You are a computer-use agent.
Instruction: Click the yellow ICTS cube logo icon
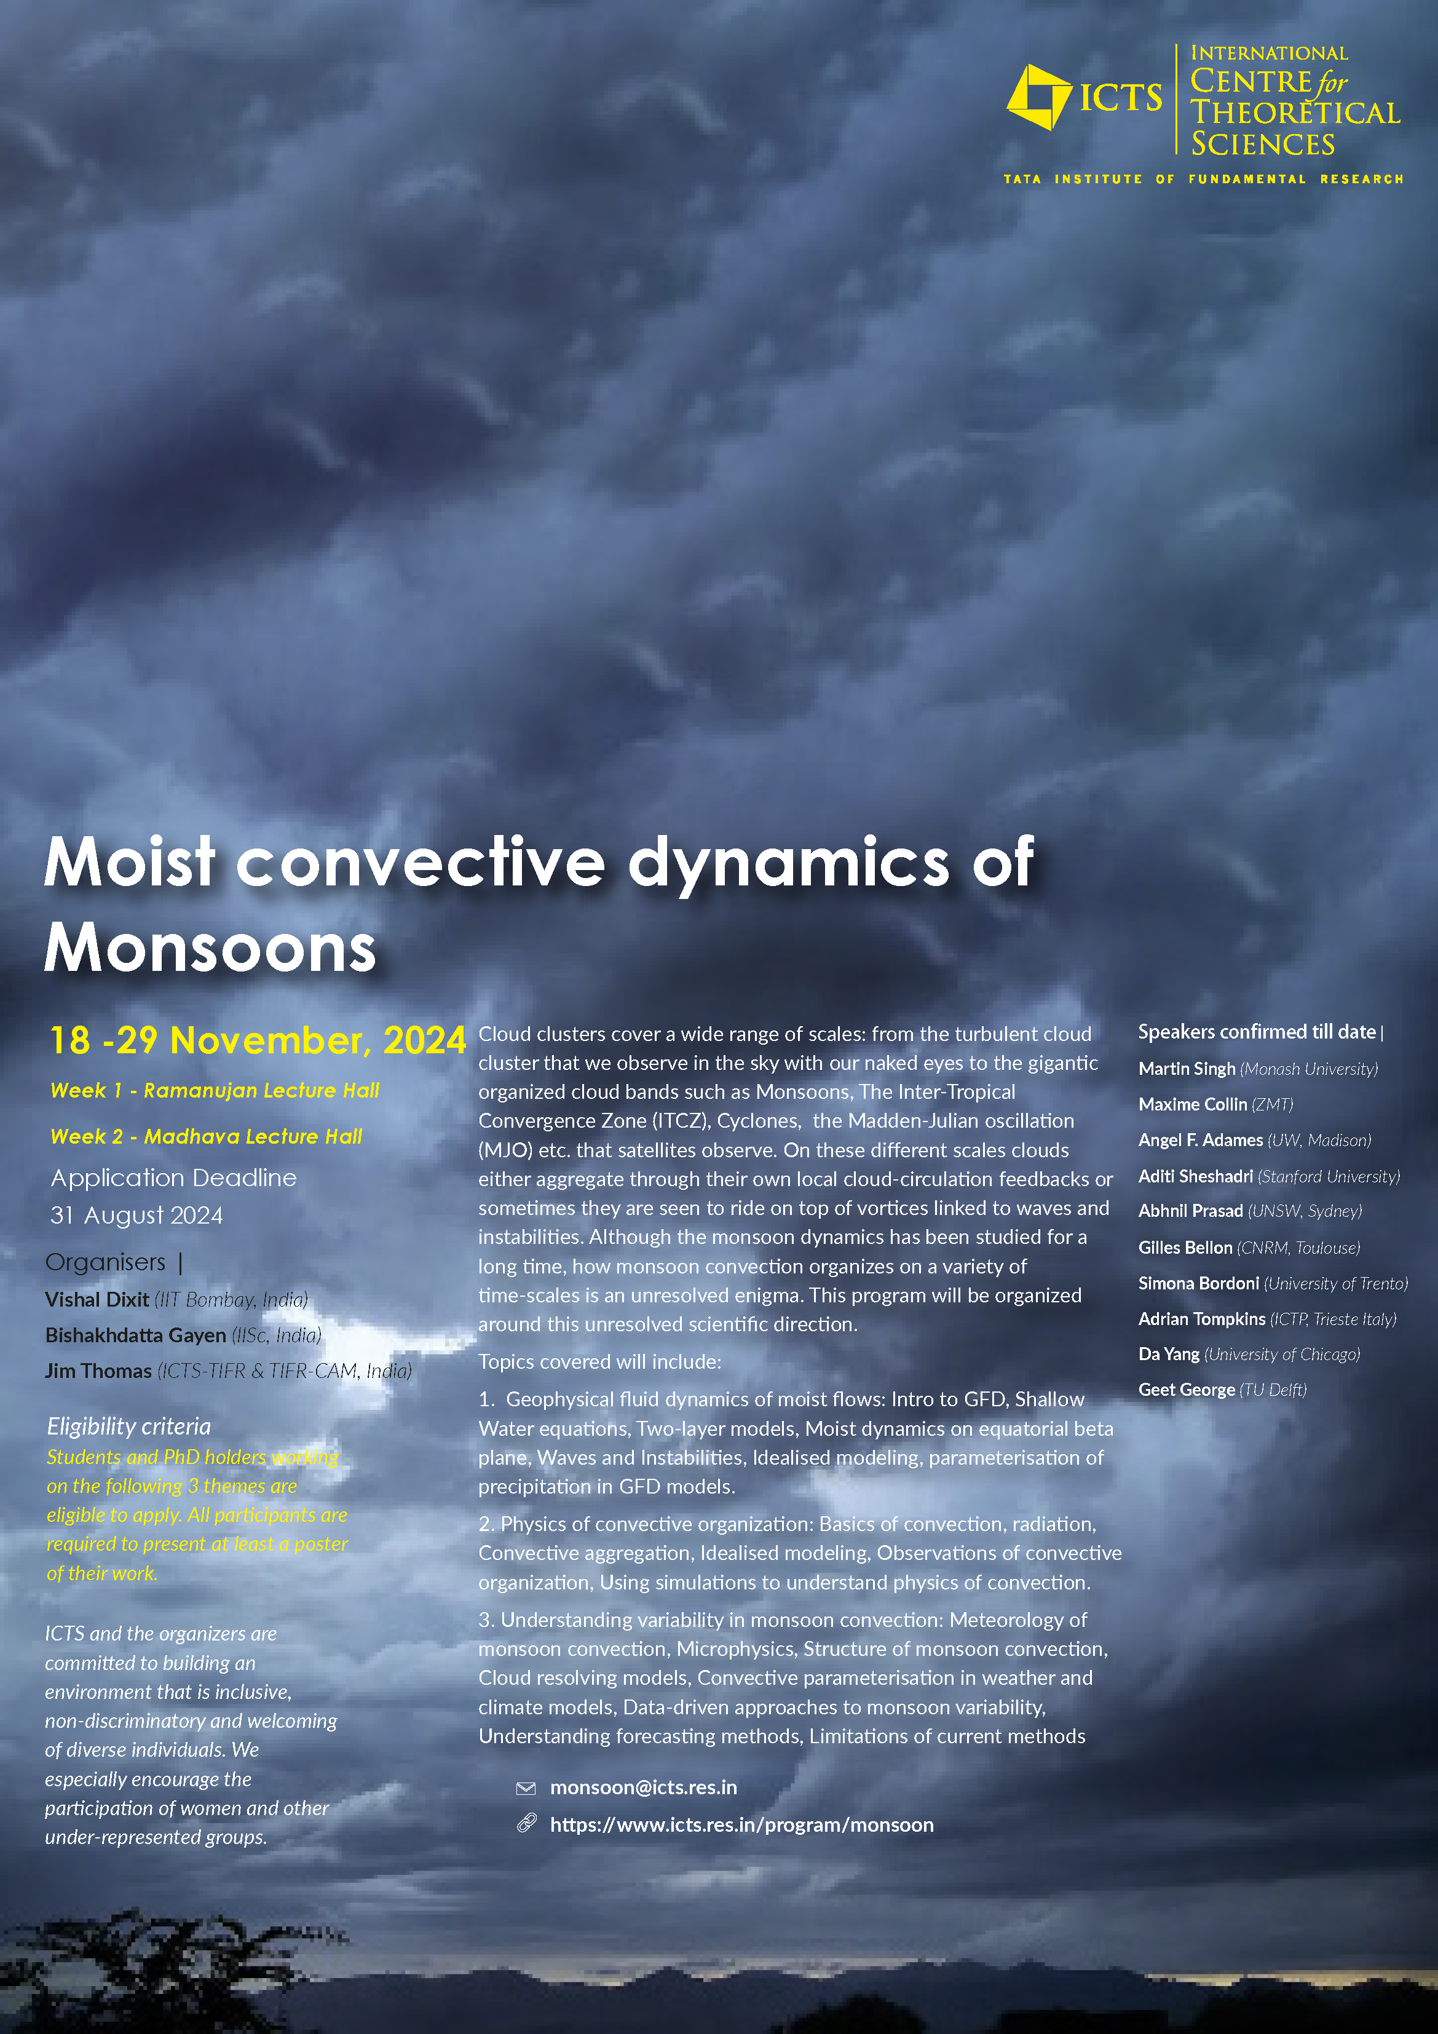[1038, 97]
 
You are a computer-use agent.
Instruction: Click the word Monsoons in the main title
[211, 948]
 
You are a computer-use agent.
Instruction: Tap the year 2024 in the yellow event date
[424, 1040]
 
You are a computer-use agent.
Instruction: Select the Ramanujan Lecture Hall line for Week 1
[215, 1091]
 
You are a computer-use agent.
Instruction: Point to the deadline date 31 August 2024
[136, 1216]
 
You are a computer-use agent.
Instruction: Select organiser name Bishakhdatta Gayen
[135, 1335]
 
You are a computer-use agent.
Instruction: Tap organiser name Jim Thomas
[98, 1371]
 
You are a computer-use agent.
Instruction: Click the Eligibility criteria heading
[129, 1427]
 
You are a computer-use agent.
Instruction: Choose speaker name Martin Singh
[1187, 1069]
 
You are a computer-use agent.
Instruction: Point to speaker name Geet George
[1187, 1390]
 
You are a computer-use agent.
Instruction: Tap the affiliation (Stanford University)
[1329, 1176]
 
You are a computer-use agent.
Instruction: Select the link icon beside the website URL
[526, 1823]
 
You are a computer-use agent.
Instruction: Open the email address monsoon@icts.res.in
[643, 1787]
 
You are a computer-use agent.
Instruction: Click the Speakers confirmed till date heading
[1257, 1032]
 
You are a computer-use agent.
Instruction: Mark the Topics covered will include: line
[600, 1361]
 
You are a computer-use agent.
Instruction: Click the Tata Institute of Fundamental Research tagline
[1203, 179]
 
